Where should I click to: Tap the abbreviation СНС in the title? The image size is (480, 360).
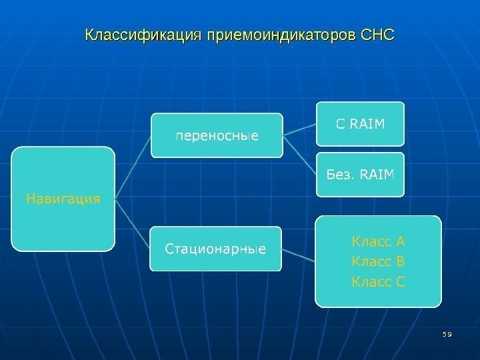(x=377, y=33)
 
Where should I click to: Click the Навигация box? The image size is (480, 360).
(x=63, y=199)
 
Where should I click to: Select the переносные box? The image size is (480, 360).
(x=217, y=135)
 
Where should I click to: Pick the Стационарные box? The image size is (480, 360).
(x=215, y=249)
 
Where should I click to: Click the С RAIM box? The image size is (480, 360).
(x=360, y=123)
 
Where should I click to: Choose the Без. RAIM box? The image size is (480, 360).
(x=360, y=175)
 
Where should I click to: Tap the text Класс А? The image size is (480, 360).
(x=378, y=241)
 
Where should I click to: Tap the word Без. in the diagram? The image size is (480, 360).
(x=340, y=175)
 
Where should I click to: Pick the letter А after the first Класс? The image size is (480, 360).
(x=401, y=241)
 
